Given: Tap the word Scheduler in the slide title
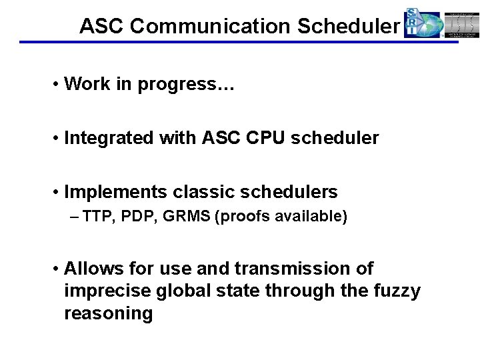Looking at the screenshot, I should tap(348, 26).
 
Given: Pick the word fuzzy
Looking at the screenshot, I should tap(396, 291).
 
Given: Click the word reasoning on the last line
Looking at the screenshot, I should tap(109, 314).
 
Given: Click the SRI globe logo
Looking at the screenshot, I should tap(423, 24).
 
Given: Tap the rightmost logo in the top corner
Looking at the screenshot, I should tap(462, 24).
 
